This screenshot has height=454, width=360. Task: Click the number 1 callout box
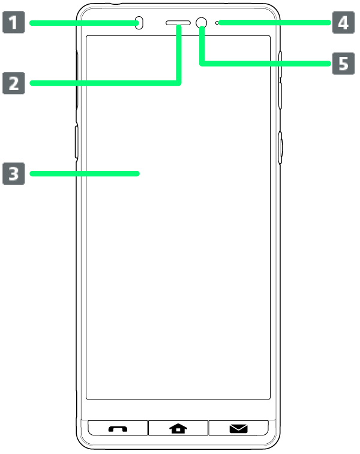[x=14, y=22]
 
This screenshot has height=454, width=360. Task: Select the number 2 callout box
[x=14, y=83]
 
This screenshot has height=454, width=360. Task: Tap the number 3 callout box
[x=14, y=174]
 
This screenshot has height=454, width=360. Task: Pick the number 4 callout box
[x=343, y=23]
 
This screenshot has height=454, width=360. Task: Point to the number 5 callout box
[x=343, y=64]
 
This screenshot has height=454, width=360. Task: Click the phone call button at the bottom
[x=118, y=428]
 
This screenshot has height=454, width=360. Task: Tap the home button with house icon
[x=178, y=428]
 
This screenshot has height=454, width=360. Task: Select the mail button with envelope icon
[x=239, y=428]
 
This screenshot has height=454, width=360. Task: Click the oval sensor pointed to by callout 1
[x=139, y=23]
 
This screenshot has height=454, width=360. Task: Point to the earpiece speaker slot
[x=178, y=23]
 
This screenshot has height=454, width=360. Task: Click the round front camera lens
[x=201, y=23]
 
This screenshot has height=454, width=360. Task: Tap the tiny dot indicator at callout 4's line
[x=217, y=23]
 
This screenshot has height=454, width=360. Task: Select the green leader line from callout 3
[x=85, y=174]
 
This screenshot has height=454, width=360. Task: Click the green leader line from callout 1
[x=84, y=23]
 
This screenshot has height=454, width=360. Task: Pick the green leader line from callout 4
[x=275, y=23]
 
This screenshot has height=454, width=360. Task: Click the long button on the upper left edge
[x=77, y=80]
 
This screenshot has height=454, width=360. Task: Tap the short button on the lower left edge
[x=76, y=142]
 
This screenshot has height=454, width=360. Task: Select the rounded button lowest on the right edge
[x=280, y=148]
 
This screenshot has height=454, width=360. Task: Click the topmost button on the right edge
[x=280, y=65]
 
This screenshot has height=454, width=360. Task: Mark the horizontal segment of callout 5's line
[x=265, y=64]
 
